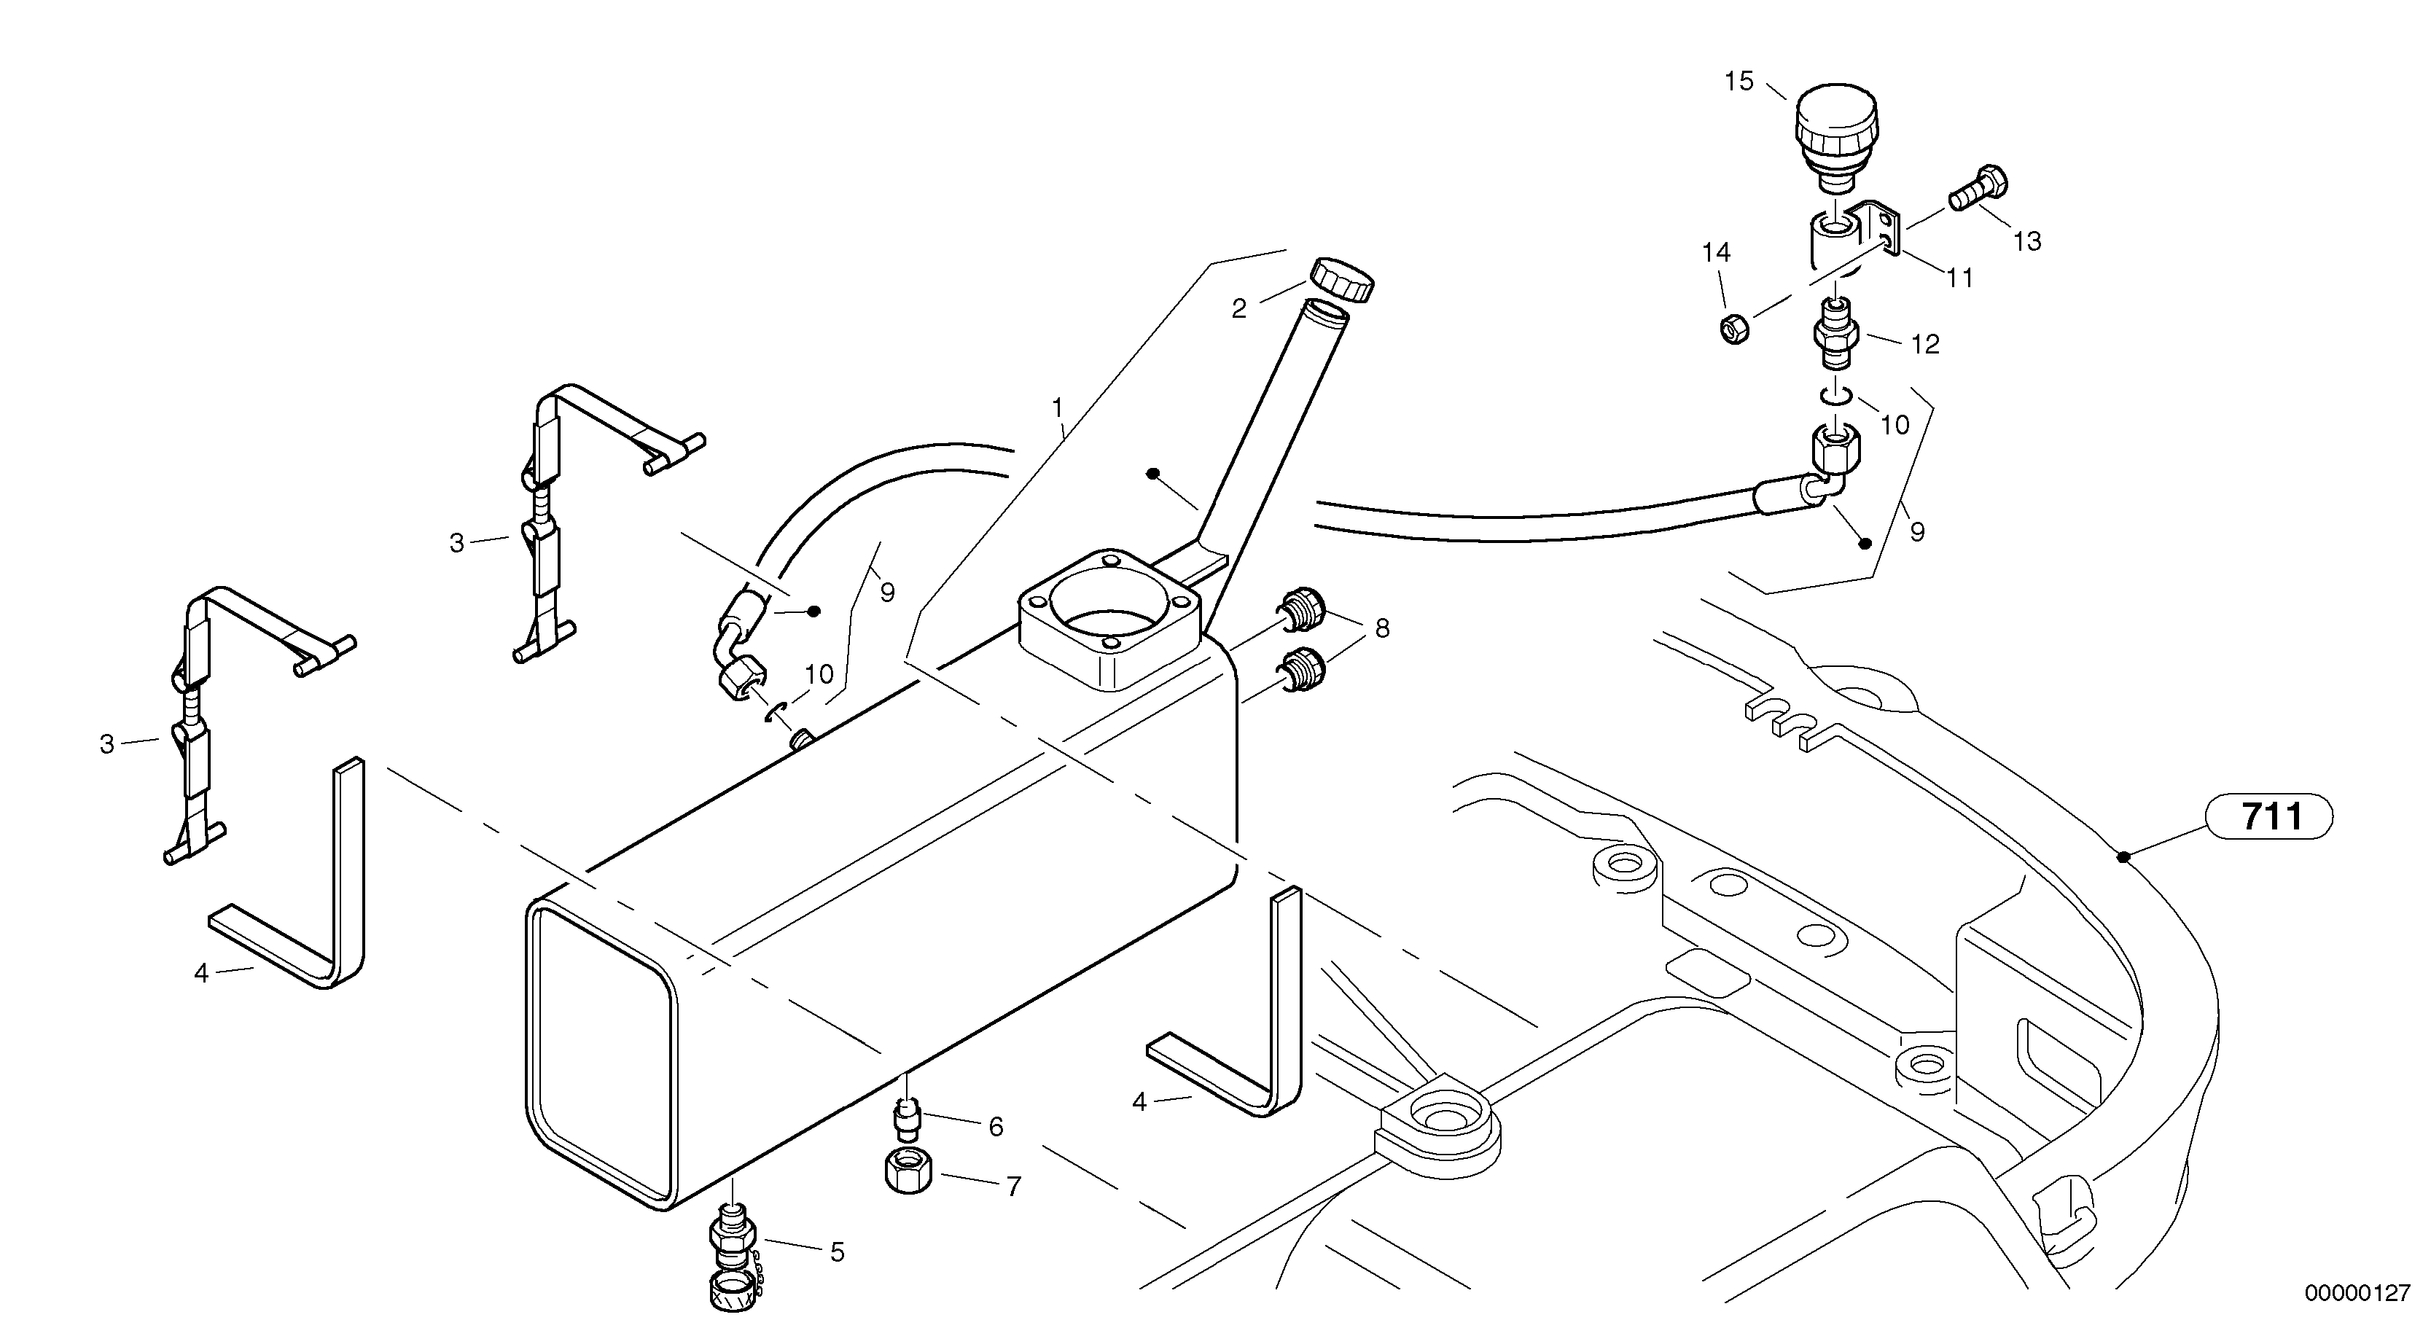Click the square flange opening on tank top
tap(1109, 620)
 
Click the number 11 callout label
tap(1960, 278)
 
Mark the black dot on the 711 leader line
tap(2123, 857)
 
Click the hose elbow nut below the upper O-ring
tap(1836, 449)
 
